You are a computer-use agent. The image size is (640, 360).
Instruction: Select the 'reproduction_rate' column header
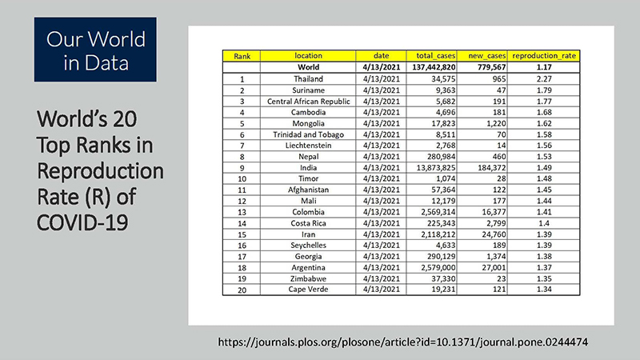(544, 56)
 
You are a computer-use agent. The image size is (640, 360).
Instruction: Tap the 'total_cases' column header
(436, 56)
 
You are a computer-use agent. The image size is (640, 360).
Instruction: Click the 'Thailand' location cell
(308, 80)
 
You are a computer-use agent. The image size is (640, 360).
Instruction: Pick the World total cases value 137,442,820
(436, 68)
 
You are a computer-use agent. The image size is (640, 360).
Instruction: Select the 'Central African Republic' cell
(308, 103)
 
